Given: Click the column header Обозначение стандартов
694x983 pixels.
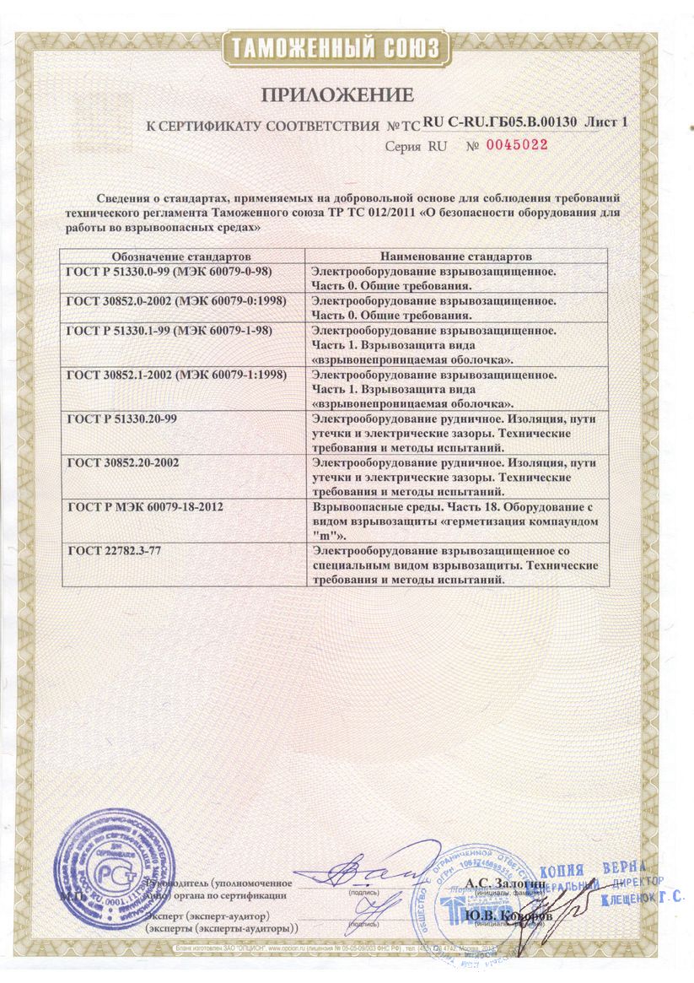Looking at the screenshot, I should (182, 254).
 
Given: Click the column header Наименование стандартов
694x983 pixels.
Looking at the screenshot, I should (455, 254).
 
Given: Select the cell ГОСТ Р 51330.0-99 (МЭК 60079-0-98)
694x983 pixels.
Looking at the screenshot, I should (169, 271).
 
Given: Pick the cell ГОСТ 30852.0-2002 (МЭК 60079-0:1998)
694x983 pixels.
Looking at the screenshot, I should (175, 300).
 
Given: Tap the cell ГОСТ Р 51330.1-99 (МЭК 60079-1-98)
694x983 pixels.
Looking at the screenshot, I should (169, 330).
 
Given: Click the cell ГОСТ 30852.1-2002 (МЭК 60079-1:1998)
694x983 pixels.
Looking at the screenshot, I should (175, 372).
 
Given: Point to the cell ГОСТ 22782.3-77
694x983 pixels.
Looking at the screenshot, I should (112, 551).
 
